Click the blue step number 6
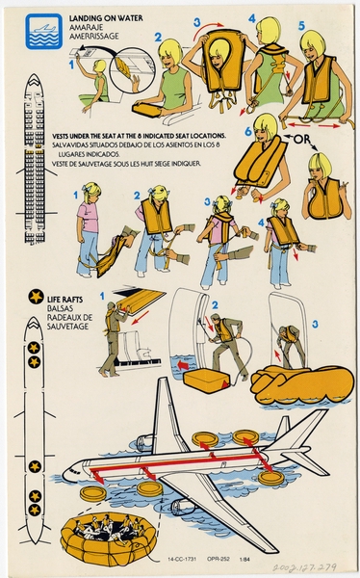(247, 130)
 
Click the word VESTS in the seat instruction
(67, 137)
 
